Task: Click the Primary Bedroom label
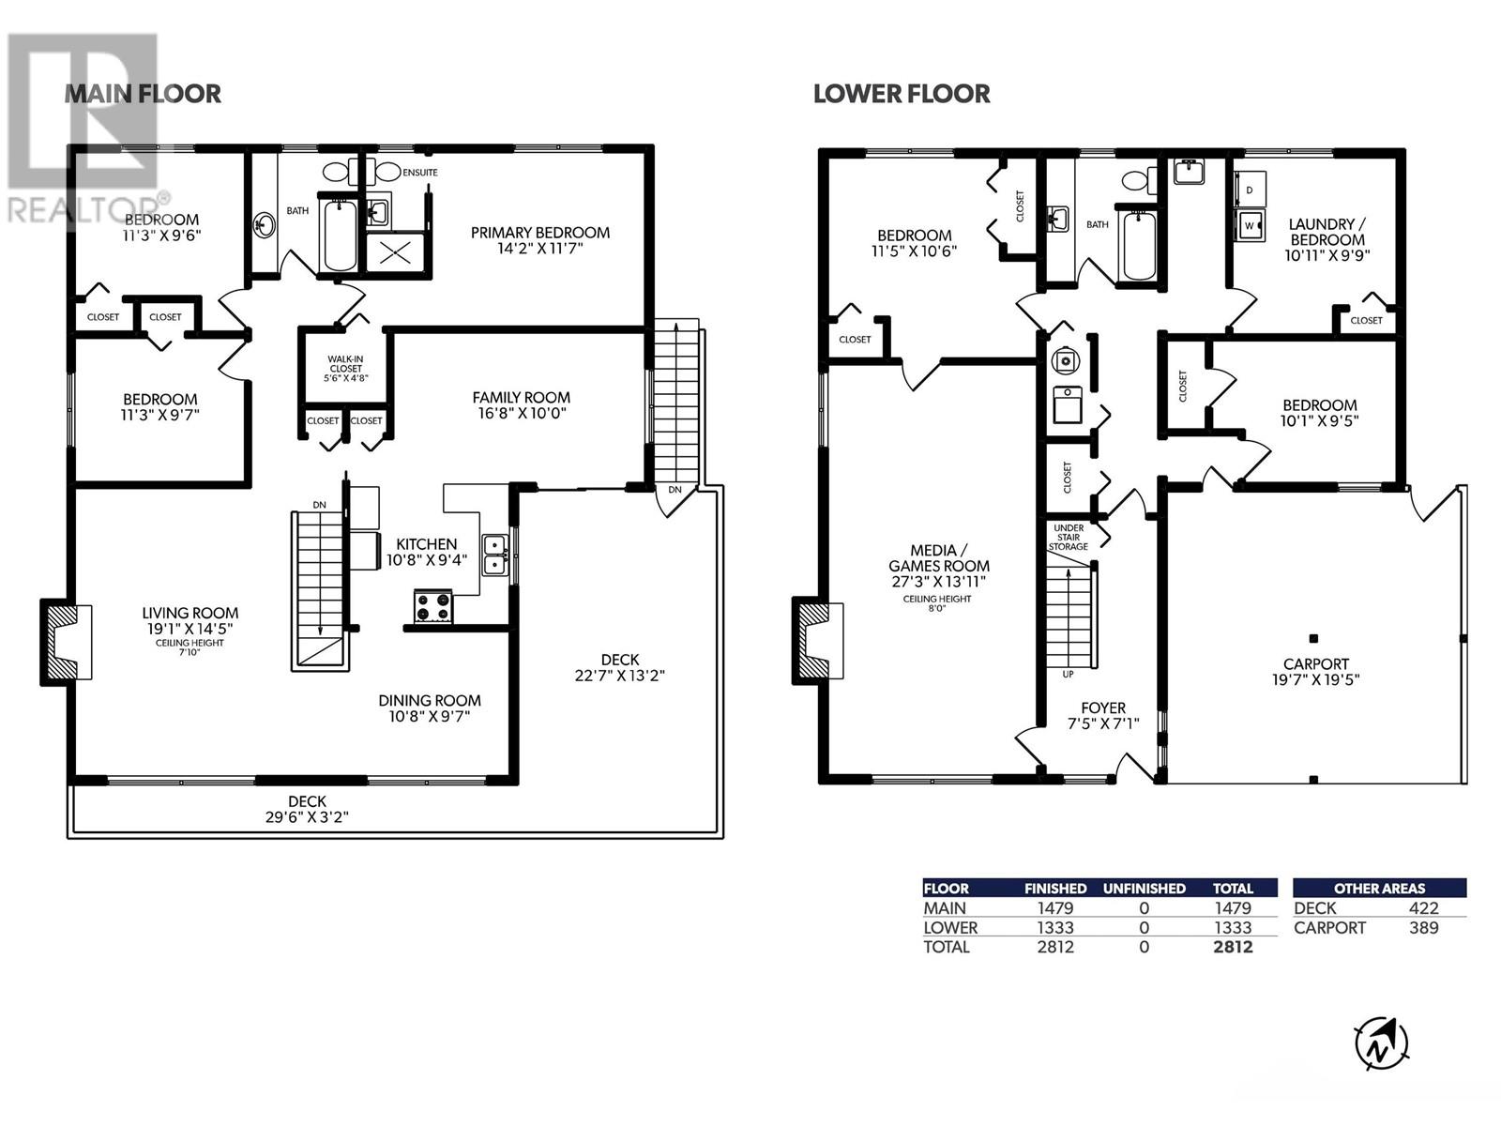539,233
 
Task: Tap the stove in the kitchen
432,606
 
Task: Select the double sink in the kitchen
494,555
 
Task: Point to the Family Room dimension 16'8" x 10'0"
522,413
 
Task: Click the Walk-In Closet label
345,364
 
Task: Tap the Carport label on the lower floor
1315,663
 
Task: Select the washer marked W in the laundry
1250,225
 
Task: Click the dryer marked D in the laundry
1250,190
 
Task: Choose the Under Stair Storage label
1069,538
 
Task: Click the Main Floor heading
143,94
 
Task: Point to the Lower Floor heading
902,94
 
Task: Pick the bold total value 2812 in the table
1233,947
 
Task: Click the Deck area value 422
1424,908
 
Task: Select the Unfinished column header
1144,888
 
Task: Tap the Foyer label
1103,708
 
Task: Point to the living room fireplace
66,641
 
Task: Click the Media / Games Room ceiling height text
937,603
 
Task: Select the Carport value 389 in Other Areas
1424,928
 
